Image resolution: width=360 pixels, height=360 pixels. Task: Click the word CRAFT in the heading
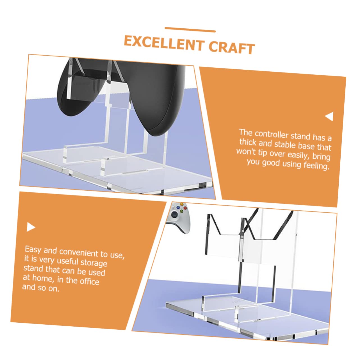pyautogui.click(x=232, y=48)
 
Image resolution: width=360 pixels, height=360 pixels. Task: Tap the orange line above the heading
pyautogui.click(x=190, y=30)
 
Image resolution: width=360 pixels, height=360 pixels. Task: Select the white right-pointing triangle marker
pyautogui.click(x=31, y=227)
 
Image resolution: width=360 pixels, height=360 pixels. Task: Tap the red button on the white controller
pyautogui.click(x=185, y=208)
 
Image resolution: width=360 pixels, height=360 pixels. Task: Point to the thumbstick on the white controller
pyautogui.click(x=174, y=214)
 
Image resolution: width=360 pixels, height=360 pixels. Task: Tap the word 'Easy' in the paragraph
pyautogui.click(x=33, y=250)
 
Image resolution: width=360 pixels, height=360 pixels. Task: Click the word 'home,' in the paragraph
pyautogui.click(x=43, y=278)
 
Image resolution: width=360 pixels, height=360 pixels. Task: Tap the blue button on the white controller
pyautogui.click(x=177, y=207)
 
